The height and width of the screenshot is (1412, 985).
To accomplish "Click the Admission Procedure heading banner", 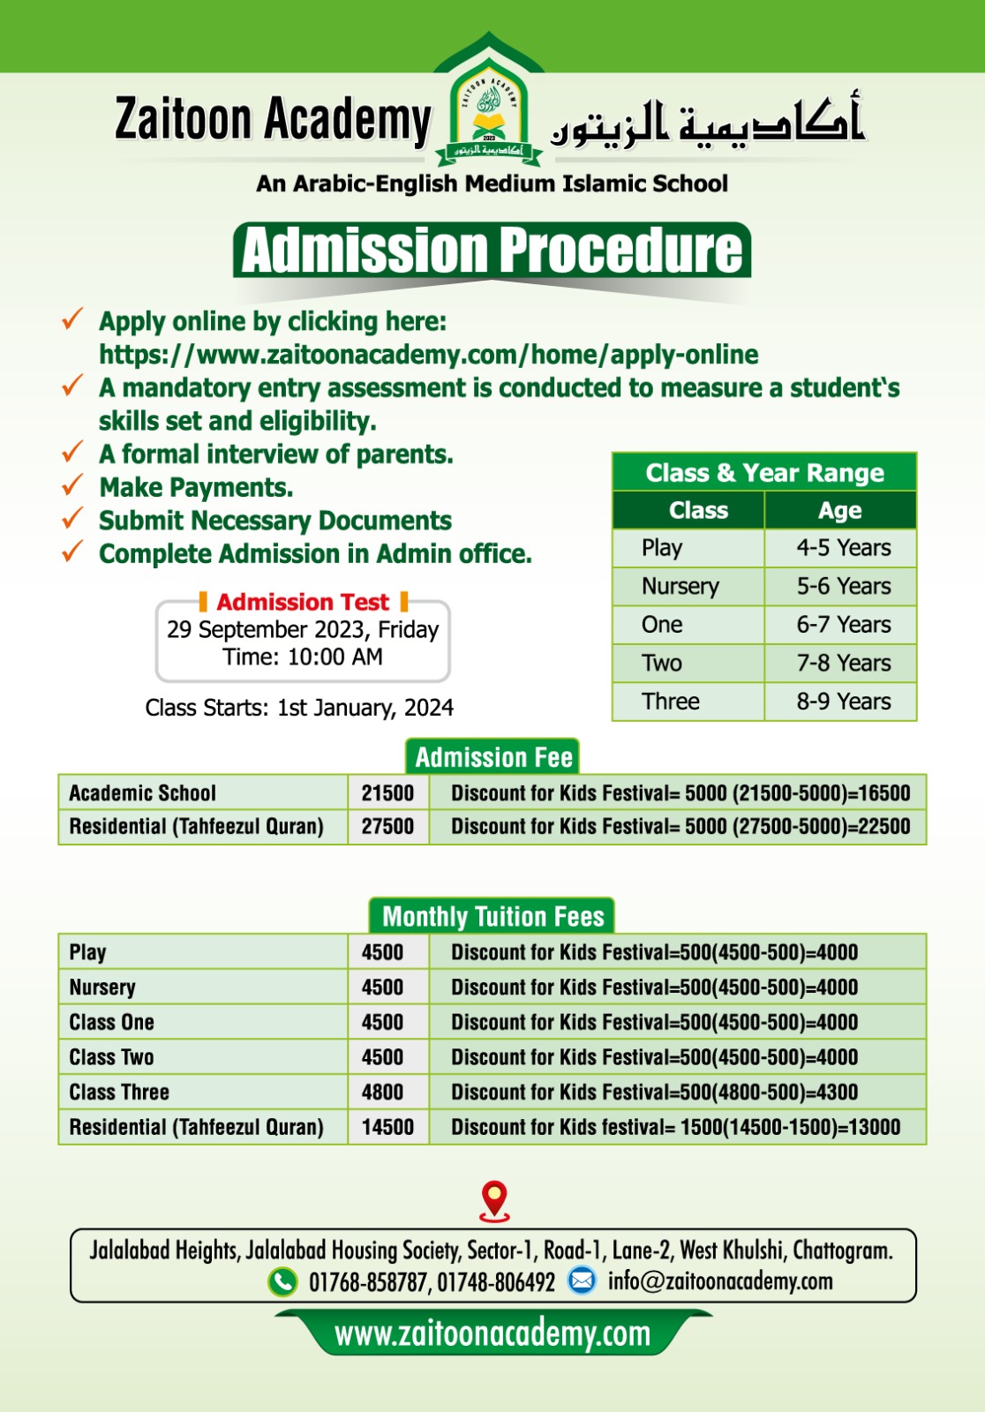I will point(492,251).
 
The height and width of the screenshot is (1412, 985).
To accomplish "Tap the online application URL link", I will point(428,355).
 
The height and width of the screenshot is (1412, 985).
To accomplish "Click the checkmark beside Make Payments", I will point(72,486).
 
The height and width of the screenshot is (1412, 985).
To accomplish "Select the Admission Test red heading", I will point(303,602).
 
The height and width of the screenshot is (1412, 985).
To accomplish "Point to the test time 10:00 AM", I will point(335,657).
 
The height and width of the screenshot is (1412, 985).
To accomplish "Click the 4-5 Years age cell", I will point(843,548).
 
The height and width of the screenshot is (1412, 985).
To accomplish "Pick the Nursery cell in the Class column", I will point(680,587).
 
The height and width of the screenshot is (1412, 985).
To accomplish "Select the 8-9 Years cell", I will point(843,702).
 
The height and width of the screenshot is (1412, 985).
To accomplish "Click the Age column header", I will point(839,511).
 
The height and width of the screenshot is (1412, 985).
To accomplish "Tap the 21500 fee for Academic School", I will point(387,793).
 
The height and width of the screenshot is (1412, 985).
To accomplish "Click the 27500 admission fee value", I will point(387,827).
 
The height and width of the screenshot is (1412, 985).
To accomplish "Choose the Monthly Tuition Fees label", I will point(492,917).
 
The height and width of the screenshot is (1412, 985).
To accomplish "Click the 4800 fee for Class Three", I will point(382,1093).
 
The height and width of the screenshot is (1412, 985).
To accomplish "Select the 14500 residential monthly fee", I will point(387,1128).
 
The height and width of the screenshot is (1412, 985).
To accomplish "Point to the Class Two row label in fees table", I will point(111,1057).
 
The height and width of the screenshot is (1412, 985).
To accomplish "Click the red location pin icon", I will point(494,1200).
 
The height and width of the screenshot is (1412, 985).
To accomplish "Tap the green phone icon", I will point(282,1281).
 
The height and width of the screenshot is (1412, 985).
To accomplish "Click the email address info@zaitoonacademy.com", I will point(719,1281).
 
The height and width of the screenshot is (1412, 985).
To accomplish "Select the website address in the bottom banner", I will point(492,1334).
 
